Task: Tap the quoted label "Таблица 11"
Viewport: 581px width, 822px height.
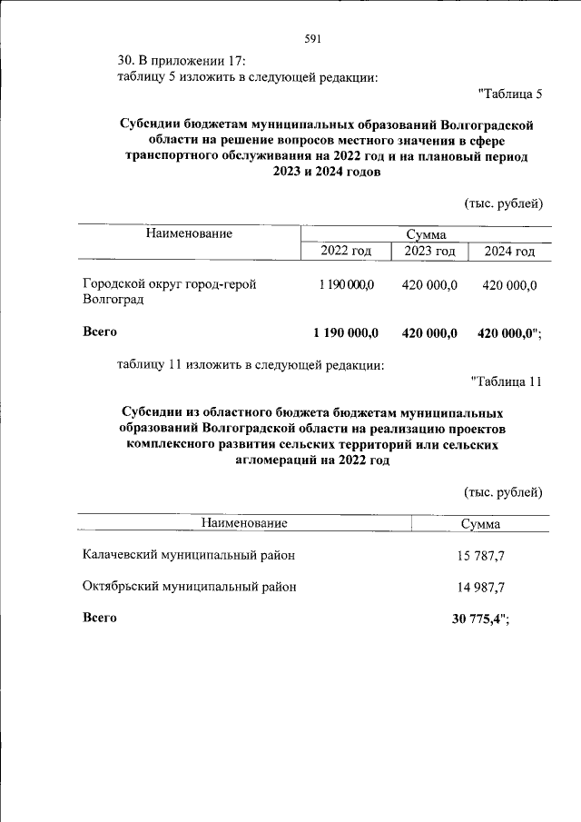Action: [x=507, y=381]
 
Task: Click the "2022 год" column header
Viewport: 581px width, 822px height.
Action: [x=346, y=252]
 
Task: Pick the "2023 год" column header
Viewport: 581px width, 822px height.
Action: [x=429, y=252]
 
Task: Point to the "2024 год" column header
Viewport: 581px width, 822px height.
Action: [x=509, y=252]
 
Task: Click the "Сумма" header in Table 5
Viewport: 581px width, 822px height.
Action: [x=424, y=233]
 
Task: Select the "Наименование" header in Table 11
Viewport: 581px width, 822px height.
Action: [x=244, y=523]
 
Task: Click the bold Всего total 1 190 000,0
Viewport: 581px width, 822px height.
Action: [x=345, y=332]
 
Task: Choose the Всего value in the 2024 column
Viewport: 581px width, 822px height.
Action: [x=507, y=332]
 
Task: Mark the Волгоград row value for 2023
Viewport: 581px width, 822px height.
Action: [x=429, y=285]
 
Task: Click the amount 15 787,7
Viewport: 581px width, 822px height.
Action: [x=481, y=555]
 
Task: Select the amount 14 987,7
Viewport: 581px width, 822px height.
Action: [x=481, y=587]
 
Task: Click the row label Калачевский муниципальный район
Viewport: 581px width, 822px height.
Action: [x=189, y=554]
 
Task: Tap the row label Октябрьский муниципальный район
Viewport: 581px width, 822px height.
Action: [x=189, y=587]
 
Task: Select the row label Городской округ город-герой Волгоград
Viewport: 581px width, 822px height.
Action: [x=169, y=291]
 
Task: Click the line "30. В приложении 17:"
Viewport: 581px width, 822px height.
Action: [x=182, y=61]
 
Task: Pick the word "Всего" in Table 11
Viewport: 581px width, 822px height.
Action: [x=100, y=618]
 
